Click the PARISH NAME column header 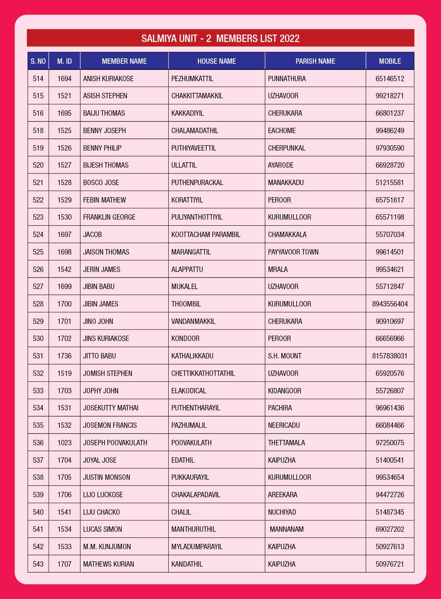315,61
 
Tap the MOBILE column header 390,61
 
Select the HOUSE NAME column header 217,61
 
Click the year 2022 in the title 289,38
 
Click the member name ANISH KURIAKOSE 108,79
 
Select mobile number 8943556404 390,304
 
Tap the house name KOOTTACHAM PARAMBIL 206,235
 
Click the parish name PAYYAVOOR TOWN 293,252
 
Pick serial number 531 38,356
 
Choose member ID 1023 64,443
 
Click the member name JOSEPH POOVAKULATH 115,443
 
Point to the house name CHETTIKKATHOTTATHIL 203,373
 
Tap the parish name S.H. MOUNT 285,356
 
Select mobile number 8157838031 390,356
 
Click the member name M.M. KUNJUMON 107,547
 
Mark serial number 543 38,564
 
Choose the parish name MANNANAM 287,529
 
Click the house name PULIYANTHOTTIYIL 197,217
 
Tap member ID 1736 64,356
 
